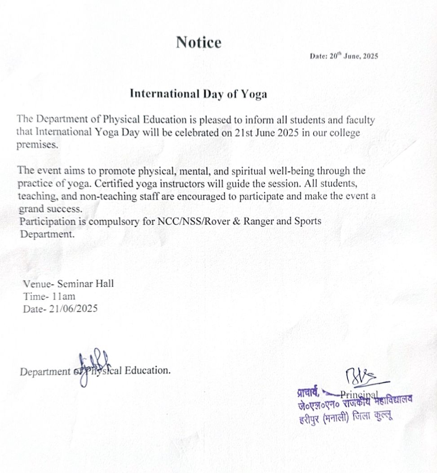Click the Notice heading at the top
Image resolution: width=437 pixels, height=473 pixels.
pyautogui.click(x=199, y=43)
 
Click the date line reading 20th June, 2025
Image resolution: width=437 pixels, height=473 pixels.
pyautogui.click(x=344, y=57)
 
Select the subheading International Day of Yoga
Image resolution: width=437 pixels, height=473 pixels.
pyautogui.click(x=198, y=94)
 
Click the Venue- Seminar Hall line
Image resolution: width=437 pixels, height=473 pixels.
pyautogui.click(x=68, y=284)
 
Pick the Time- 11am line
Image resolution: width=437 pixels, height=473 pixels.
pyautogui.click(x=49, y=296)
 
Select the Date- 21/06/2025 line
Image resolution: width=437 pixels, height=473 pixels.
pyautogui.click(x=60, y=309)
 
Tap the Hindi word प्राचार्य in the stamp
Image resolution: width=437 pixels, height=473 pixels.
pyautogui.click(x=308, y=392)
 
